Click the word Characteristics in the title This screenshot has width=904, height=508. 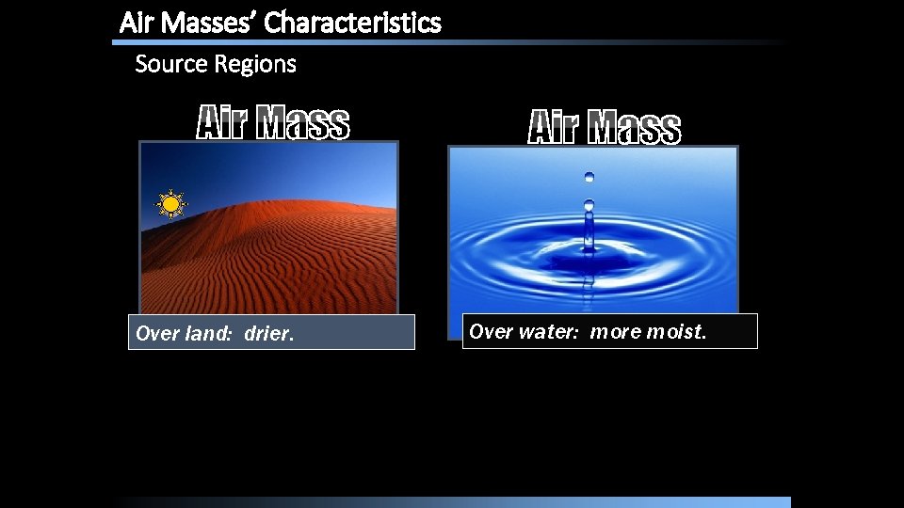point(352,23)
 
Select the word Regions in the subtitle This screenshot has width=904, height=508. point(256,64)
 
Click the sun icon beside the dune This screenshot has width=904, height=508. point(170,203)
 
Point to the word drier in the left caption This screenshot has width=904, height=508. point(269,333)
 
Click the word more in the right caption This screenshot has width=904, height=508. point(616,331)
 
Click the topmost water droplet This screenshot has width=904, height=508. point(589,176)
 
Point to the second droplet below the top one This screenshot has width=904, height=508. point(589,204)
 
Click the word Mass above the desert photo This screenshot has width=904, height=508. point(302,123)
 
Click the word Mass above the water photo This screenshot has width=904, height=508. point(634,128)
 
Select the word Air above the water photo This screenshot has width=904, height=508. point(553,128)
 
